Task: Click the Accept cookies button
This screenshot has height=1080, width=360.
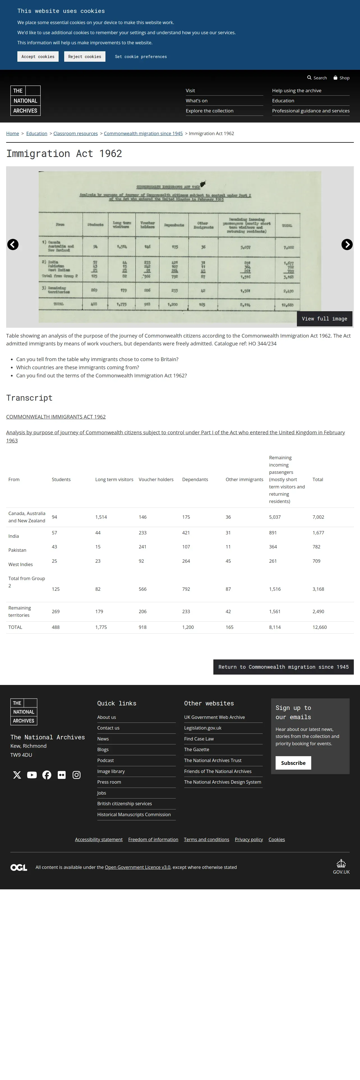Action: [38, 57]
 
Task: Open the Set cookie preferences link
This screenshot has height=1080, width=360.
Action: [141, 57]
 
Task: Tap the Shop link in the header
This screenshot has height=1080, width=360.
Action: [341, 78]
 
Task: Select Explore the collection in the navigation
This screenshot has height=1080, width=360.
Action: [209, 111]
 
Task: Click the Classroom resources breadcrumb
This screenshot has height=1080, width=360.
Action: [75, 133]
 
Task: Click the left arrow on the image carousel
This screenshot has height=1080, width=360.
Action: [13, 244]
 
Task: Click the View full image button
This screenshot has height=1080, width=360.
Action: [324, 319]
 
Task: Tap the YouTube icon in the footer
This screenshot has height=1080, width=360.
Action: [32, 775]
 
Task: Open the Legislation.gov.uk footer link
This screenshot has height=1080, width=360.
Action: [203, 728]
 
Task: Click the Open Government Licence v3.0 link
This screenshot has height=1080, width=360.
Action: [137, 867]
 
